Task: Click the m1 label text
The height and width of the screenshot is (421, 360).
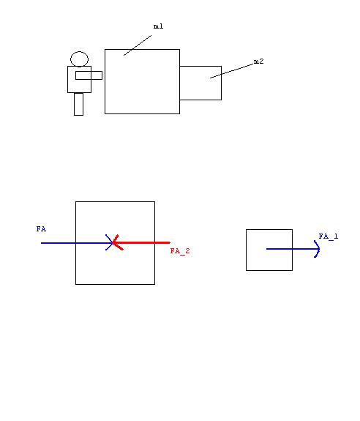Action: pyautogui.click(x=158, y=26)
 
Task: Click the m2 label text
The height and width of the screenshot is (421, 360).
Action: pyautogui.click(x=258, y=62)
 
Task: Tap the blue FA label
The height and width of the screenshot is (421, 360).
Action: pyautogui.click(x=41, y=229)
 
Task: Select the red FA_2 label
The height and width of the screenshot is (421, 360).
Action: pyautogui.click(x=180, y=251)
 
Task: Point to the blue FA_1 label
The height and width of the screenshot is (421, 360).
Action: pyautogui.click(x=329, y=236)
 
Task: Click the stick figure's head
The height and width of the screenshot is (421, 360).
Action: pyautogui.click(x=79, y=59)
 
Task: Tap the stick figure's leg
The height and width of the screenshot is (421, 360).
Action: pyautogui.click(x=78, y=104)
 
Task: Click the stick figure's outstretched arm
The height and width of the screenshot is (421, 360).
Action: pyautogui.click(x=89, y=75)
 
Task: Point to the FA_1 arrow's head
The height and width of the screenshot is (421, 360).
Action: pyautogui.click(x=318, y=249)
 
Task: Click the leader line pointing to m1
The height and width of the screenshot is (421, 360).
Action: pyautogui.click(x=138, y=45)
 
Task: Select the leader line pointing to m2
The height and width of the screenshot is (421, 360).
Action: pyautogui.click(x=232, y=71)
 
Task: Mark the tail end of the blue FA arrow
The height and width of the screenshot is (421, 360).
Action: pyautogui.click(x=41, y=243)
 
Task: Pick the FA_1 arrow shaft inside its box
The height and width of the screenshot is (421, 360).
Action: pyautogui.click(x=280, y=249)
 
